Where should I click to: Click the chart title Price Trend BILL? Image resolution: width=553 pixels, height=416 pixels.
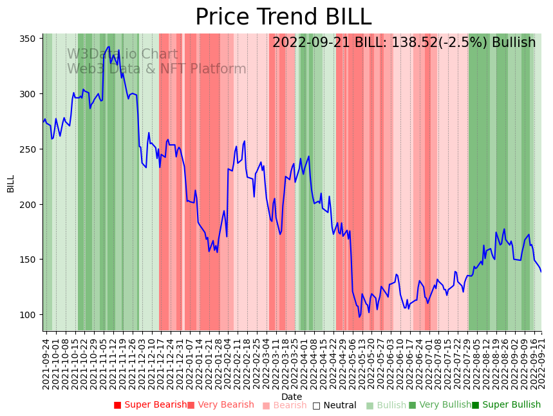tap(283, 17)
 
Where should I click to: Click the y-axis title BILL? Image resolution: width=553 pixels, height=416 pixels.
tap(11, 184)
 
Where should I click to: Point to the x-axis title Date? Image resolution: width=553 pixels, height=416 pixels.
tap(292, 397)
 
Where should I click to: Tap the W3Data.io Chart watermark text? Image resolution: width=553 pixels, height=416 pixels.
tap(122, 54)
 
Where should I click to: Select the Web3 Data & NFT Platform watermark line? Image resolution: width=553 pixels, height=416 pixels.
tap(156, 69)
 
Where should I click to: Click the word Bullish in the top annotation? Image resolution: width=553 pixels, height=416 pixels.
tap(514, 43)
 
